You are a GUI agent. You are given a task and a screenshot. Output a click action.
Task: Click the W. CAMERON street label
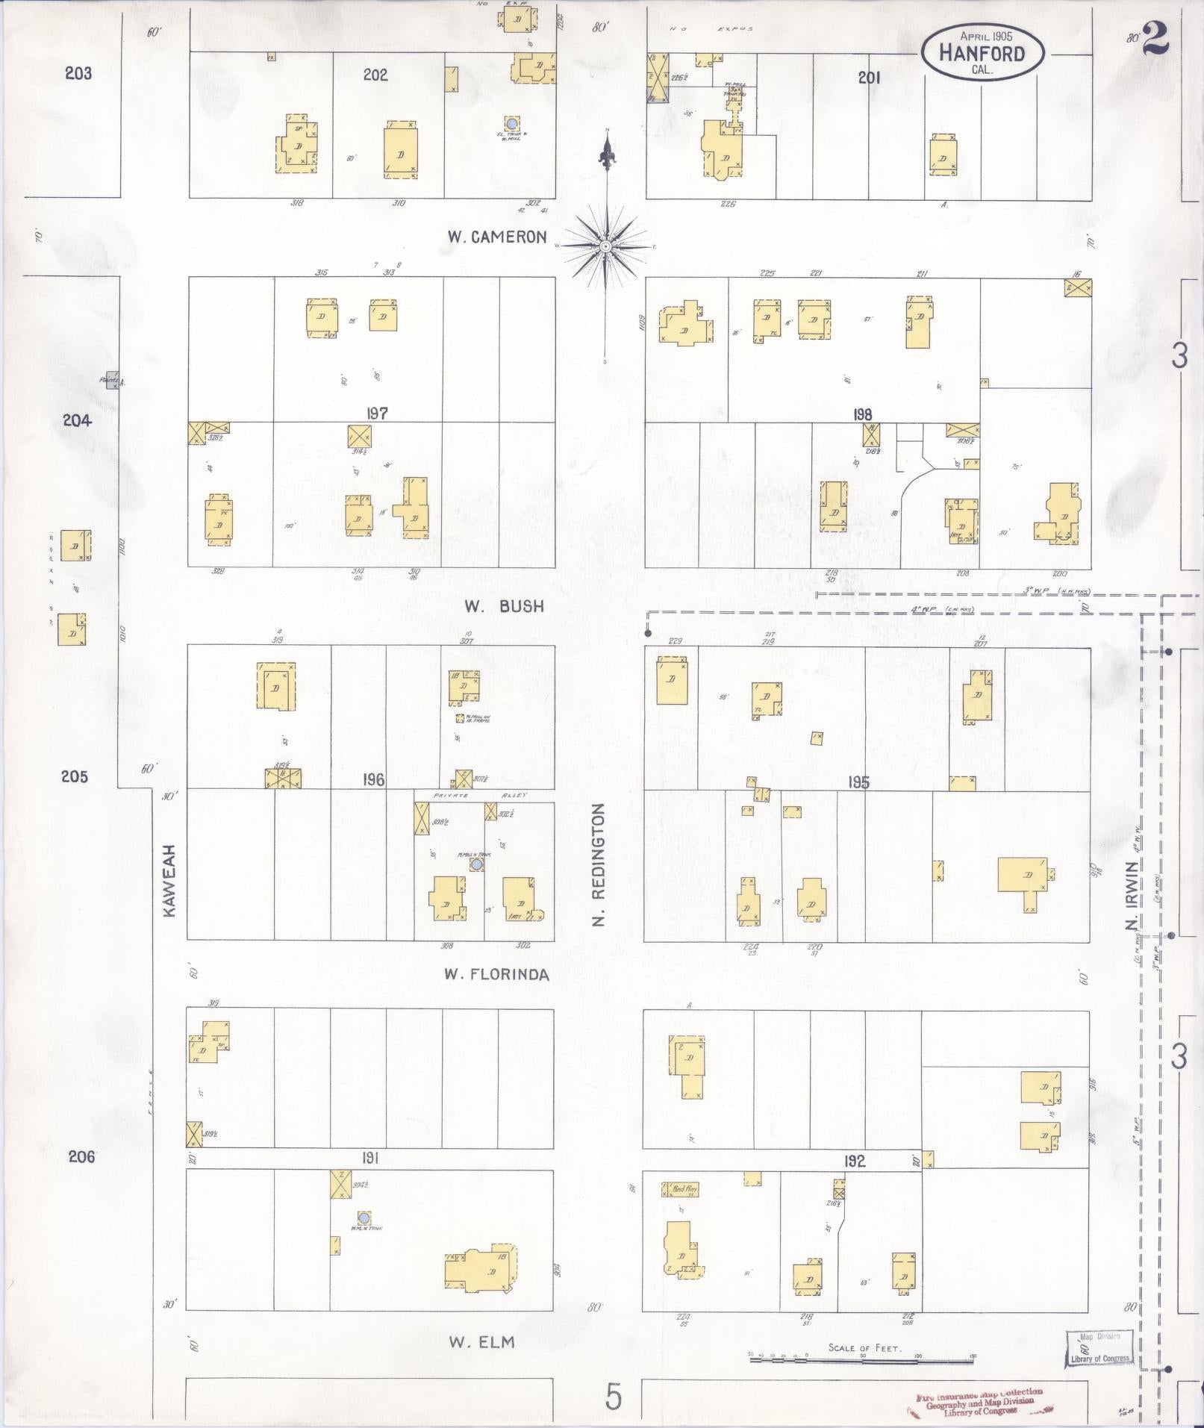point(497,237)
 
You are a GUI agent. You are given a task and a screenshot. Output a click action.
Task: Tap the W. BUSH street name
point(504,607)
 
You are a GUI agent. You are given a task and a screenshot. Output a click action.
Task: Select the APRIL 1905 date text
point(982,36)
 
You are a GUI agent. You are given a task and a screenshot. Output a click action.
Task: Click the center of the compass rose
point(606,246)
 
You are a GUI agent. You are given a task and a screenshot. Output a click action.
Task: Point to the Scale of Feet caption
point(864,1348)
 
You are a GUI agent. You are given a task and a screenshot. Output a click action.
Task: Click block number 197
point(377,414)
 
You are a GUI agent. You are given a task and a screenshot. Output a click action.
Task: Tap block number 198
point(864,414)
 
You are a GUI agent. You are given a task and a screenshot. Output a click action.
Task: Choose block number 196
point(373,780)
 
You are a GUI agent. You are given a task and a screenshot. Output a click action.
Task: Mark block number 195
point(858,782)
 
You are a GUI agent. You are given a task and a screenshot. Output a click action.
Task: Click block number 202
point(375,75)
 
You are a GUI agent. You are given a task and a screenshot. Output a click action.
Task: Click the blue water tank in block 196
point(475,864)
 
